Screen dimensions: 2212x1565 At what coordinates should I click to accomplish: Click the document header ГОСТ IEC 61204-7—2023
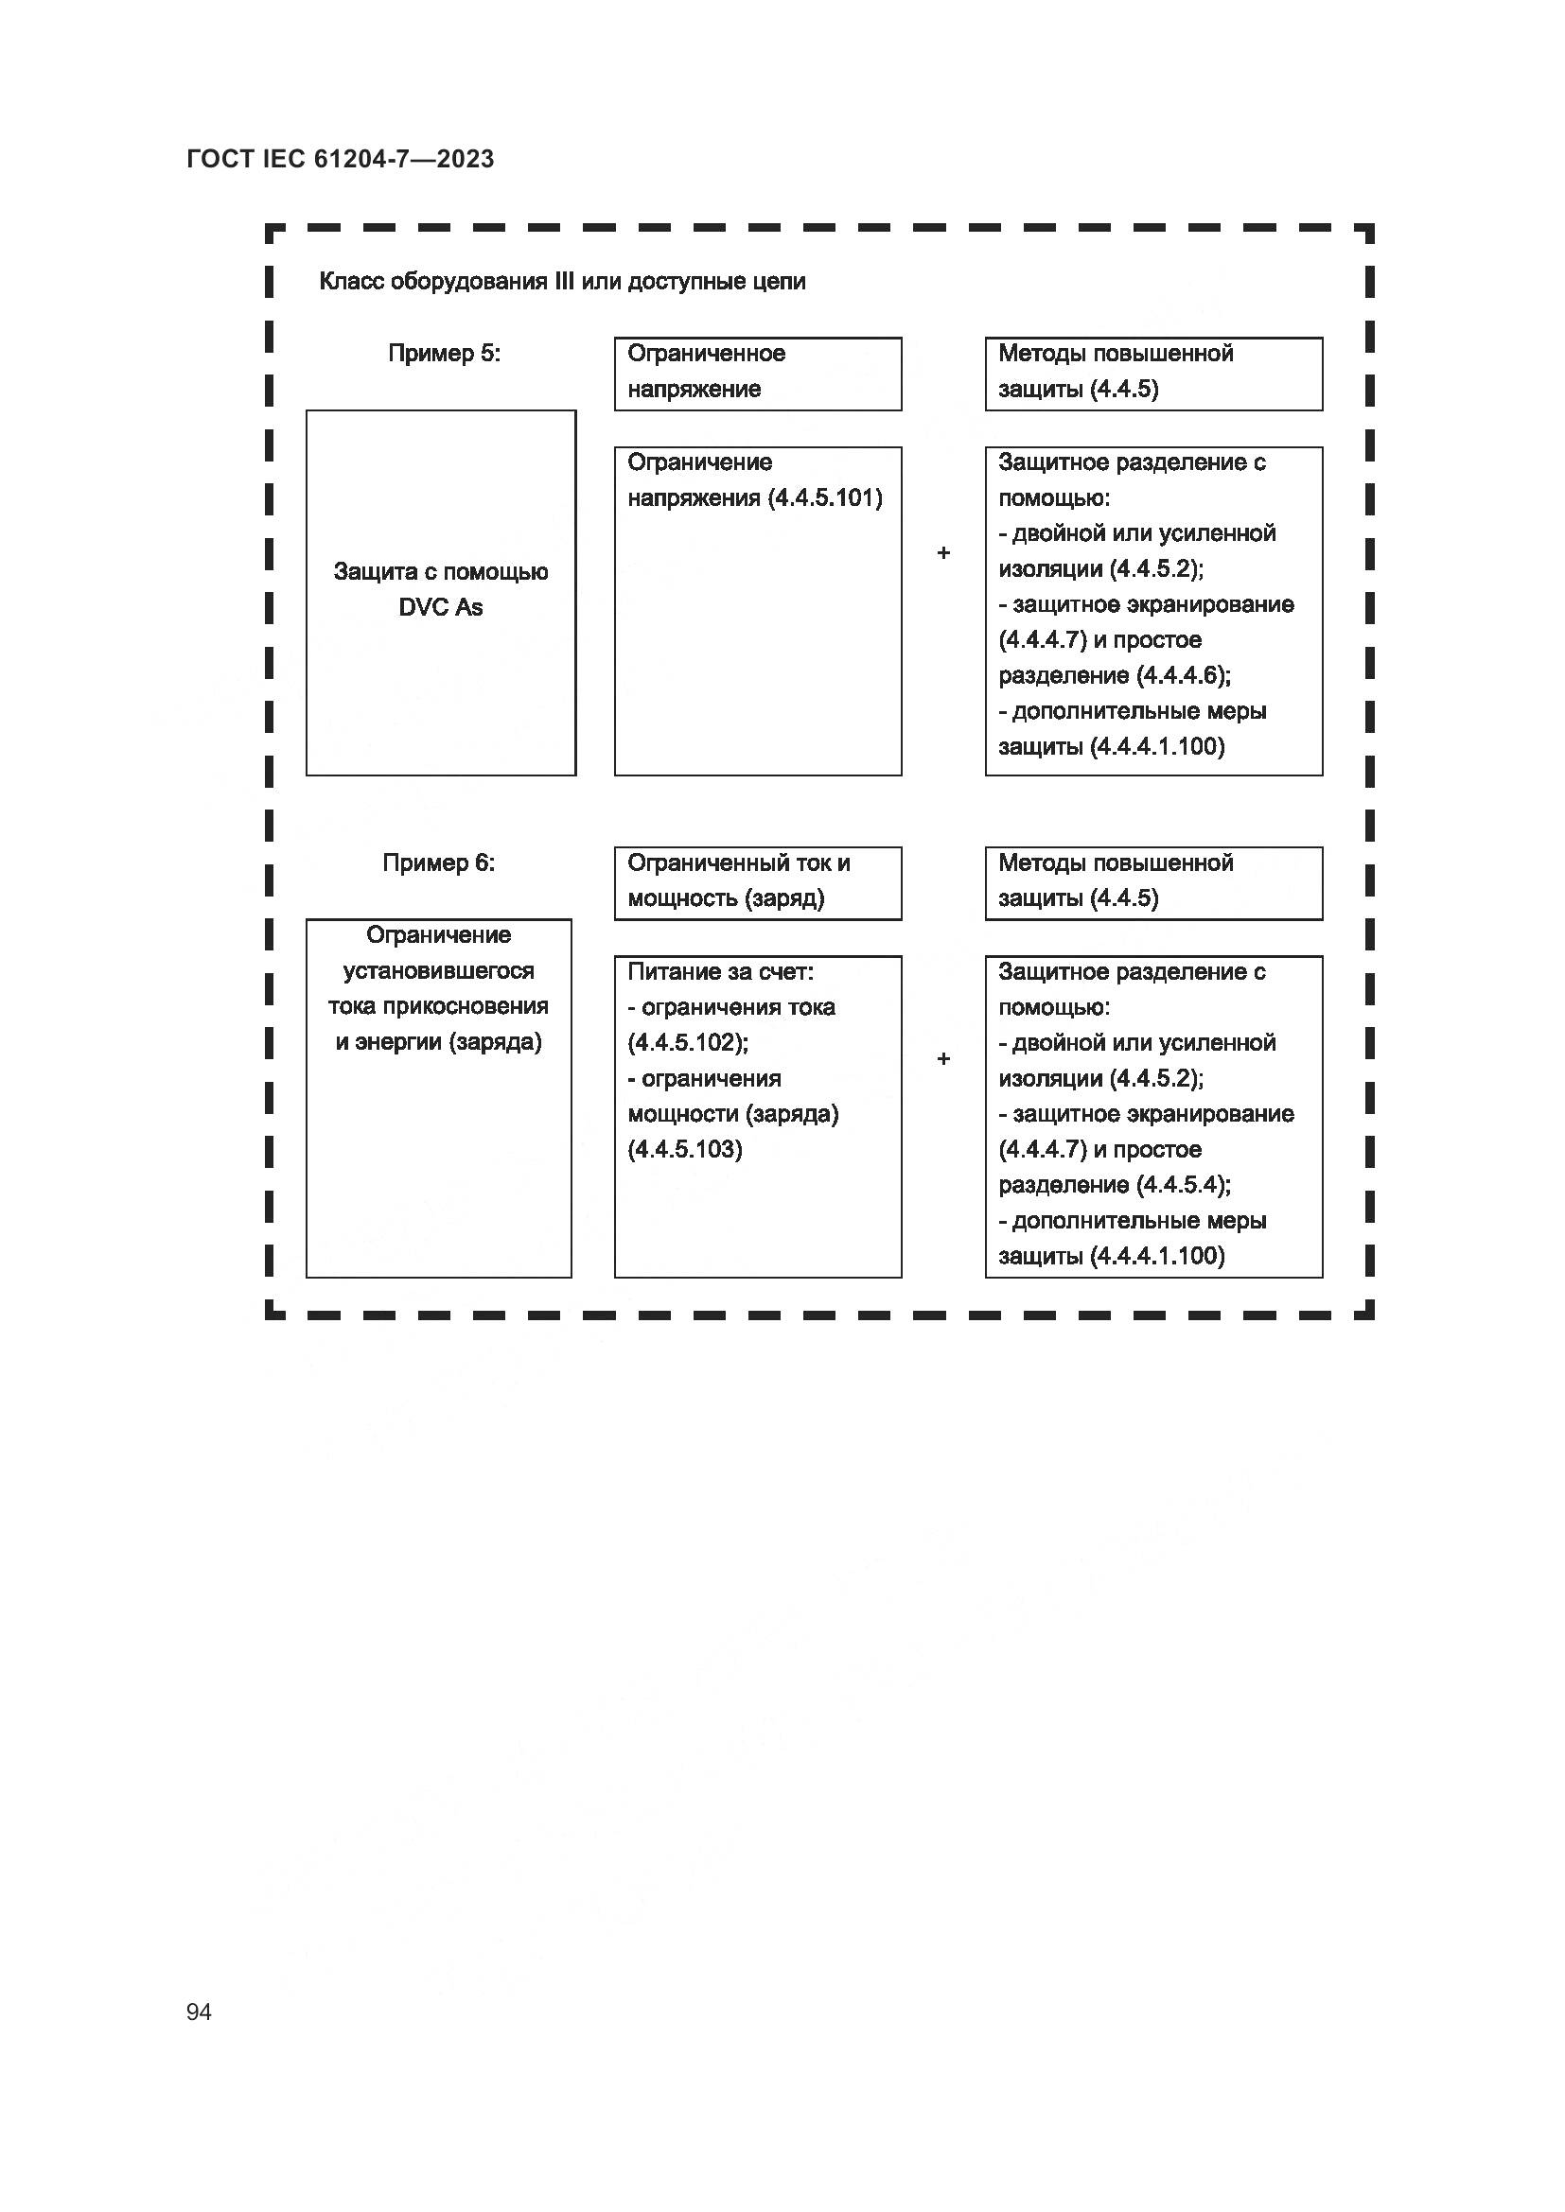click(x=341, y=159)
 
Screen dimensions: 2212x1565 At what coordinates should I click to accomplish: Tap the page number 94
click(x=199, y=2012)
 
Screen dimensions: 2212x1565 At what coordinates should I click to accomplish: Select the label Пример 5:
click(x=445, y=354)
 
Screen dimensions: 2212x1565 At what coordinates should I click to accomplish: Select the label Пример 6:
click(x=438, y=863)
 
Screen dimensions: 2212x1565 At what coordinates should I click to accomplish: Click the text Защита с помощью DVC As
click(x=440, y=589)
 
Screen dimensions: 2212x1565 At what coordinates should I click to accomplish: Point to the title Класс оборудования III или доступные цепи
click(x=562, y=281)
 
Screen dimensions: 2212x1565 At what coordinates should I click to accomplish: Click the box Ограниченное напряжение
click(x=758, y=373)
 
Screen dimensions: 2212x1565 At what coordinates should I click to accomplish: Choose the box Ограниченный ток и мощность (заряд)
click(x=758, y=882)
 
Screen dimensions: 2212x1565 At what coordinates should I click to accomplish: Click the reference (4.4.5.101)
click(x=825, y=498)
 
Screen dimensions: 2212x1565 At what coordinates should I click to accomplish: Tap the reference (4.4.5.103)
click(x=685, y=1149)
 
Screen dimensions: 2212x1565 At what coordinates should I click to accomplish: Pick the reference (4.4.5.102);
click(x=688, y=1042)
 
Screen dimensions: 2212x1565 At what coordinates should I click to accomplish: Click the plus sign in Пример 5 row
click(x=943, y=553)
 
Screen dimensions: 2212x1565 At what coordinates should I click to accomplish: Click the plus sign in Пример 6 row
click(x=943, y=1059)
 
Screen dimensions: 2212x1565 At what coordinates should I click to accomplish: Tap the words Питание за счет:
click(x=720, y=972)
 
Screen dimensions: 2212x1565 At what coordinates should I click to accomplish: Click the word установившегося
click(x=438, y=970)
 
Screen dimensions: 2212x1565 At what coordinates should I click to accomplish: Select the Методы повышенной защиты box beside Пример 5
click(x=1152, y=373)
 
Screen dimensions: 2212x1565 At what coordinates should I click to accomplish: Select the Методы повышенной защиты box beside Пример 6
click(x=1152, y=882)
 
